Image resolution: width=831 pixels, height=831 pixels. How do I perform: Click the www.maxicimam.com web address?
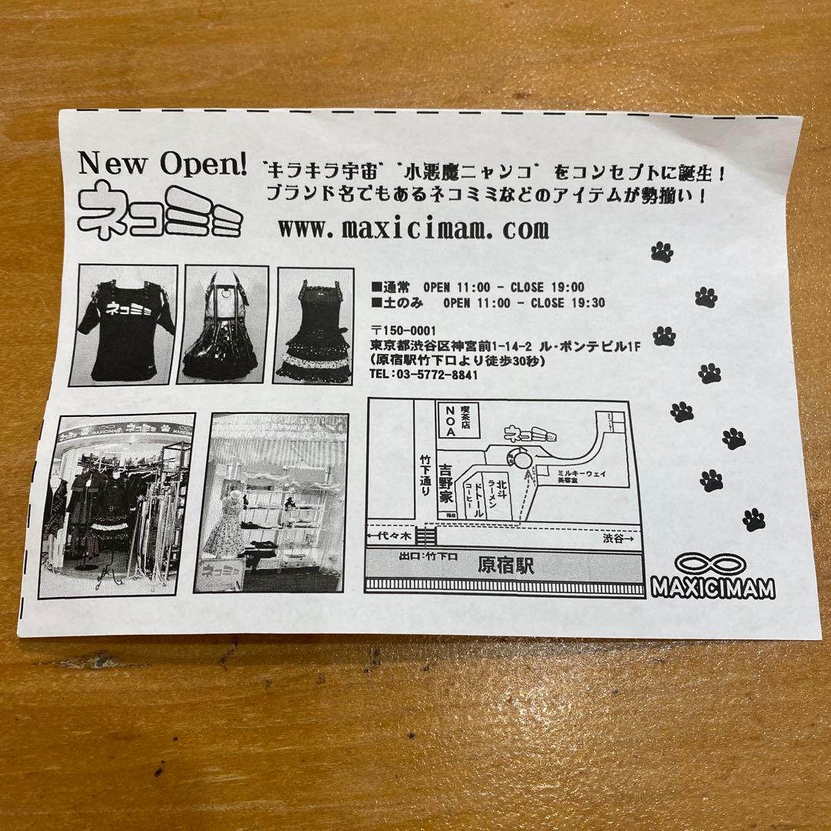(x=413, y=229)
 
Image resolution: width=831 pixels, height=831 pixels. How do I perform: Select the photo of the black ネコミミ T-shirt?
(x=123, y=325)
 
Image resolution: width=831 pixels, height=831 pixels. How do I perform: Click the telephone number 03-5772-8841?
(x=424, y=375)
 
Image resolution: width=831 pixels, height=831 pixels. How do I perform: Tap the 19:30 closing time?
(x=589, y=303)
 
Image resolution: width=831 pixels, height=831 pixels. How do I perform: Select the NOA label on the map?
(x=448, y=422)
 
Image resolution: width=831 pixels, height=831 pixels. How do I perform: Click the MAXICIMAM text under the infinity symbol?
(x=713, y=588)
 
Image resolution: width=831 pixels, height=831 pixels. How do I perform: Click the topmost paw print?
(x=662, y=252)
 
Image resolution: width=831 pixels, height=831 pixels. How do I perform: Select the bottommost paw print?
(x=754, y=520)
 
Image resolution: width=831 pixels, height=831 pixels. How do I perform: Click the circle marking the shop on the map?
(x=522, y=460)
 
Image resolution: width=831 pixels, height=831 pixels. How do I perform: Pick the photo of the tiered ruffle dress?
(x=313, y=325)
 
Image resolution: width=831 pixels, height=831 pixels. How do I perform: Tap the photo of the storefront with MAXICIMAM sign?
(x=116, y=505)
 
